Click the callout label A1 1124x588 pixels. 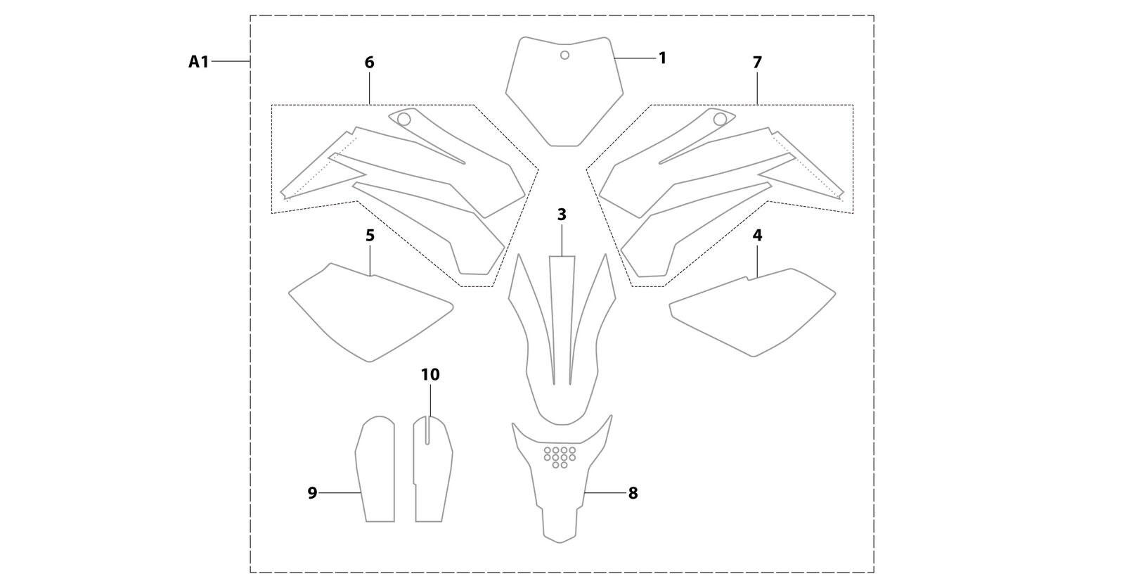tap(198, 62)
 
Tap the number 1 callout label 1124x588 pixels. tap(662, 58)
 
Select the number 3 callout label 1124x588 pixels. tap(562, 215)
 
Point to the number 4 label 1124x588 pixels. tap(757, 235)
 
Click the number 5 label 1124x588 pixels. tap(370, 235)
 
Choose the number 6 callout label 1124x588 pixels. tap(369, 63)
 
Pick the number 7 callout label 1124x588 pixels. tap(757, 63)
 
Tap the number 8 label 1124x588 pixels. tap(633, 493)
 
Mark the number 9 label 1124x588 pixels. tap(312, 493)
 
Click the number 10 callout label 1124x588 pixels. tap(430, 375)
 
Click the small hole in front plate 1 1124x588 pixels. tap(564, 56)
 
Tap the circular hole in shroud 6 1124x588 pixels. tap(403, 120)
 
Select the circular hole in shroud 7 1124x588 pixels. tap(720, 119)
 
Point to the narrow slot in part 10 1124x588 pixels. tap(427, 431)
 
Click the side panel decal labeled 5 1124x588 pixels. tap(371, 312)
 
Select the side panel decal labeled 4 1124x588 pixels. tap(752, 312)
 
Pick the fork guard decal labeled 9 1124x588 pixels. tap(375, 469)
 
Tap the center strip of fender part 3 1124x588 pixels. tap(562, 320)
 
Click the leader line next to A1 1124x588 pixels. tap(231, 61)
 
